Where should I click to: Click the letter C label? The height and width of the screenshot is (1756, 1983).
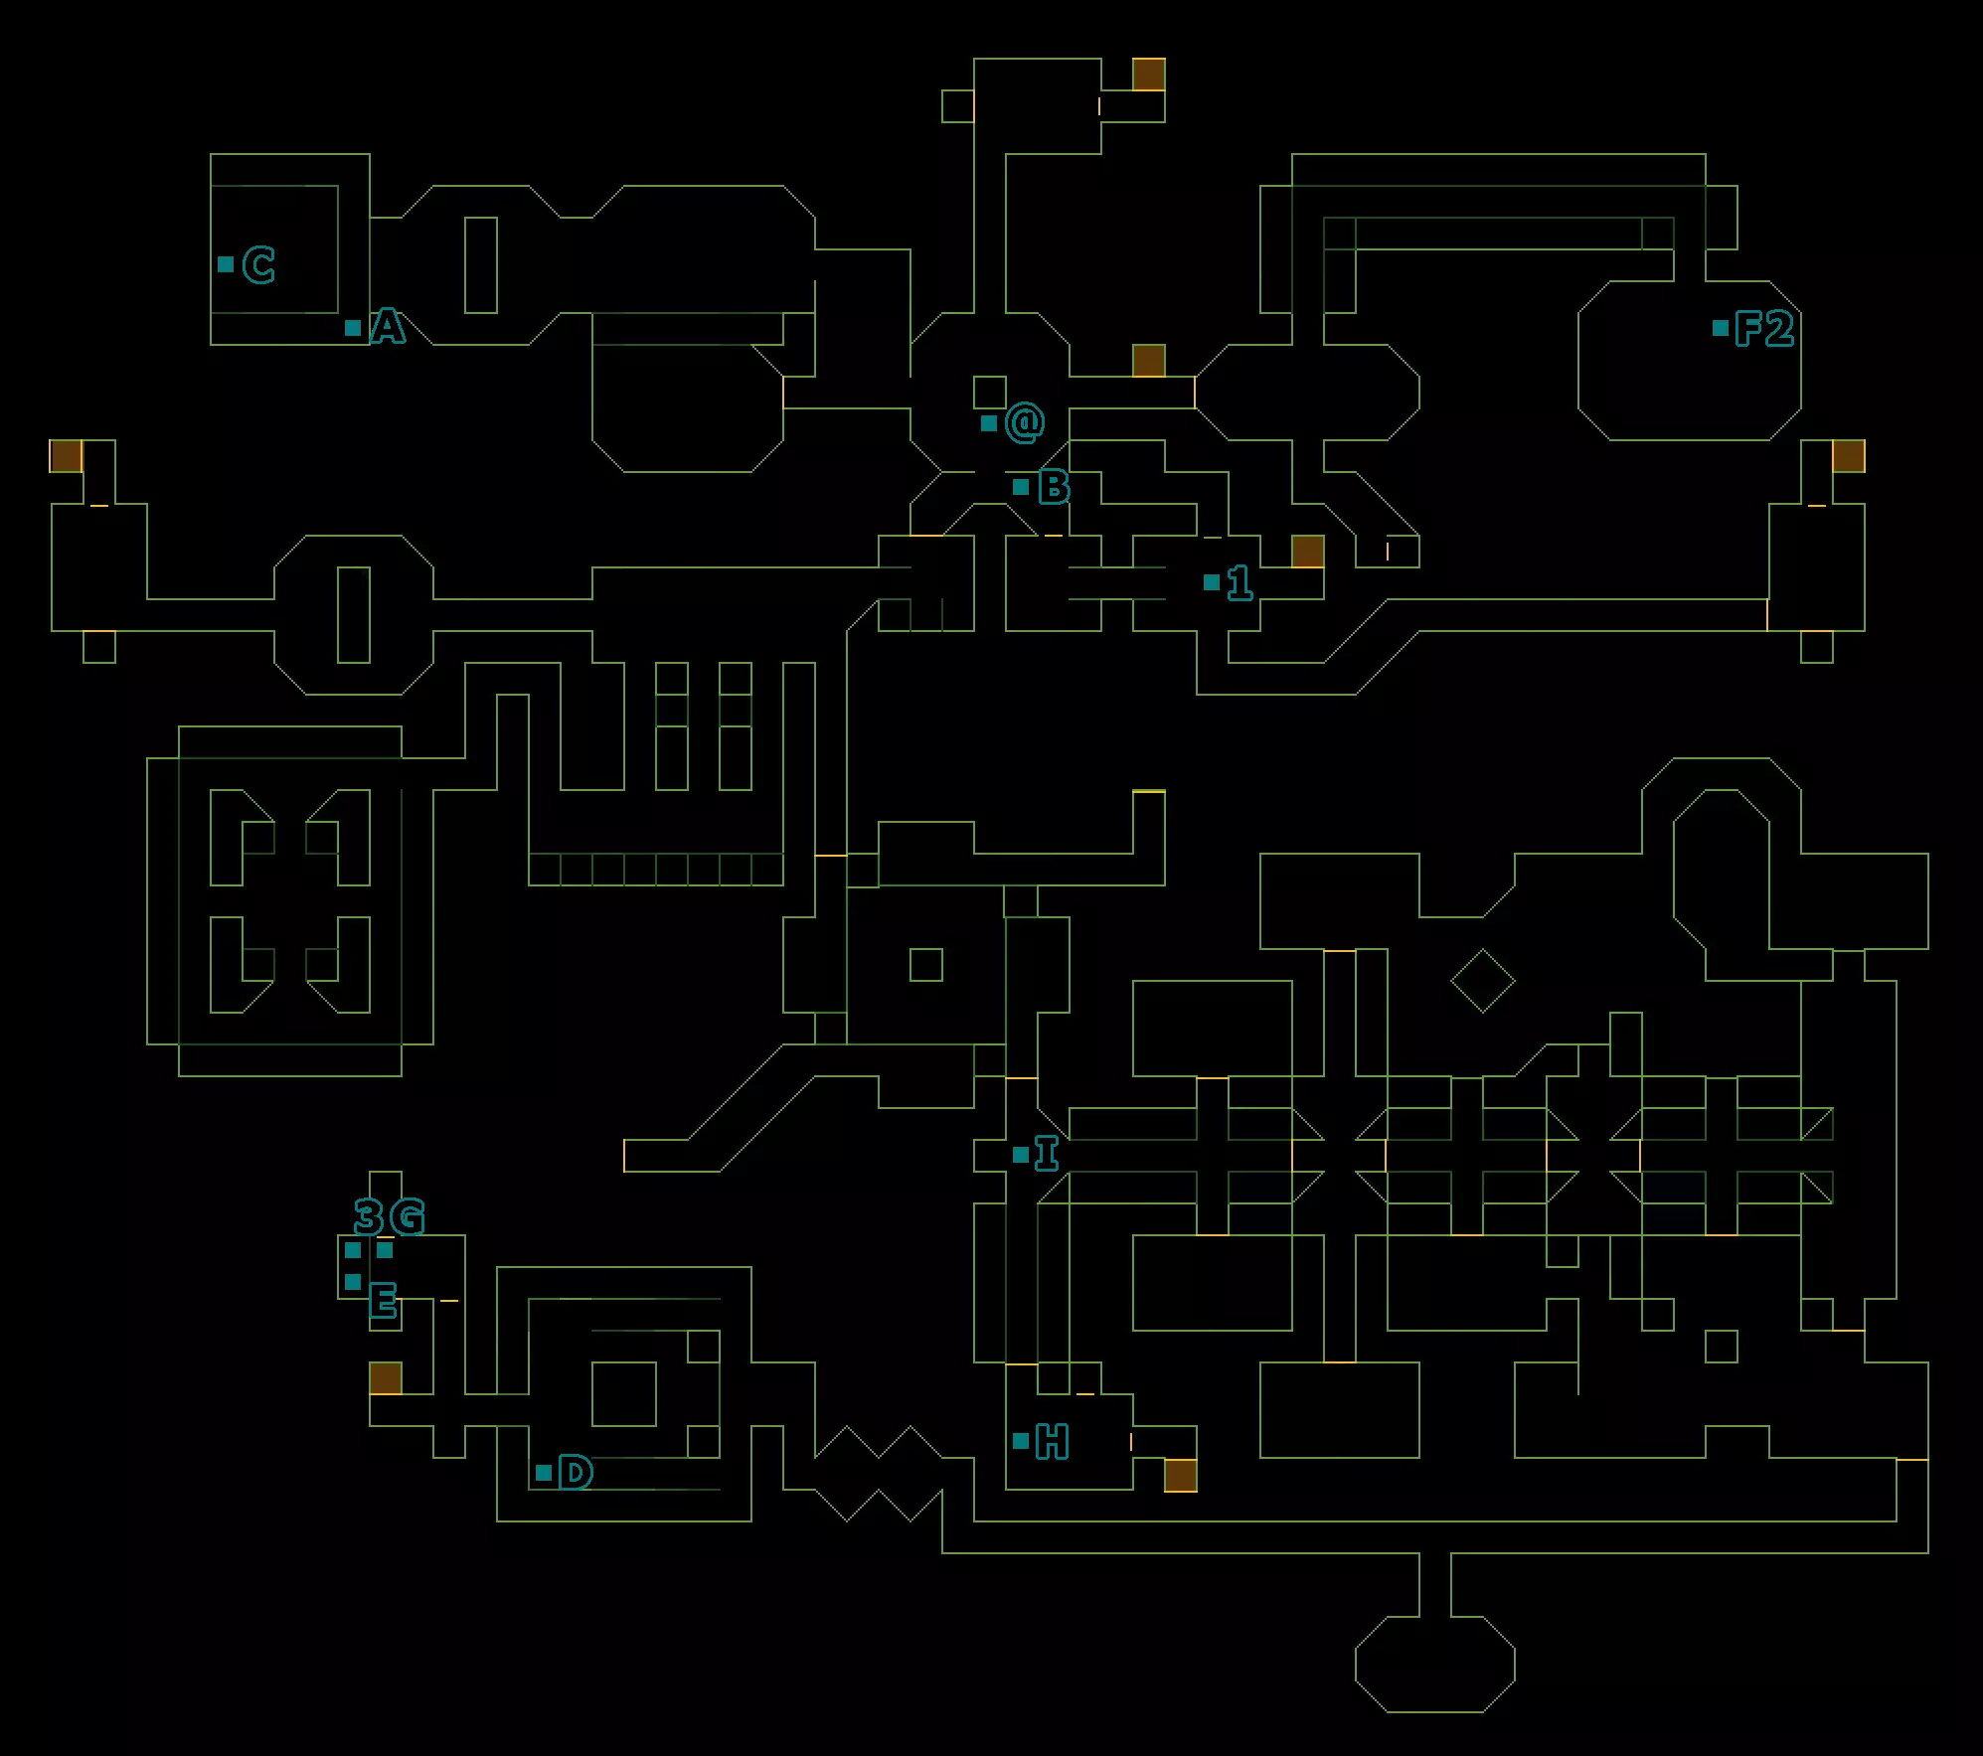click(x=258, y=265)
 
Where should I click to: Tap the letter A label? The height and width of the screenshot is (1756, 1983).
click(x=388, y=327)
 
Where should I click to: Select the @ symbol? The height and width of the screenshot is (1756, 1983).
click(x=1025, y=423)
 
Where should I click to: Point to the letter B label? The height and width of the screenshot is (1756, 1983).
click(x=1054, y=487)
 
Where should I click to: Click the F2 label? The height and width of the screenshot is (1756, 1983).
click(x=1764, y=328)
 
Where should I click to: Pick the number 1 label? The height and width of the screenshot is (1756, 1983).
click(x=1239, y=582)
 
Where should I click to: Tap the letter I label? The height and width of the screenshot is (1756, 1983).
click(x=1047, y=1154)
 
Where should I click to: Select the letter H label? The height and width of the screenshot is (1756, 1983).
click(x=1052, y=1441)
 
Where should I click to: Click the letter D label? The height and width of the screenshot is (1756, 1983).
click(x=576, y=1472)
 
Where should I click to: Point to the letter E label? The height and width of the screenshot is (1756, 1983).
click(x=383, y=1300)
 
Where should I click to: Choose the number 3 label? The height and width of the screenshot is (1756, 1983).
click(x=368, y=1216)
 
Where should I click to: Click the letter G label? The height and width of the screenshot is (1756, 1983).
click(x=408, y=1216)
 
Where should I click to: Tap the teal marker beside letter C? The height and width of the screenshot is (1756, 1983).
click(x=226, y=264)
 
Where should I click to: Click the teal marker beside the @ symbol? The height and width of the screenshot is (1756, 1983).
click(x=989, y=423)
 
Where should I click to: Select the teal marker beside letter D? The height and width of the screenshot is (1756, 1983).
click(x=544, y=1473)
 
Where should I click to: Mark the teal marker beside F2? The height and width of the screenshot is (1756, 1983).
click(x=1721, y=328)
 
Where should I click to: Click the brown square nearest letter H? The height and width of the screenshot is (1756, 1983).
click(x=1180, y=1475)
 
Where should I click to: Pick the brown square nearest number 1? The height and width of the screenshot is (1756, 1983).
click(x=1307, y=552)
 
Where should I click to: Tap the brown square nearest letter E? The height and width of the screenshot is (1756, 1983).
click(x=386, y=1378)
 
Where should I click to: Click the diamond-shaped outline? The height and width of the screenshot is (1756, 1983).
click(x=1482, y=981)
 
